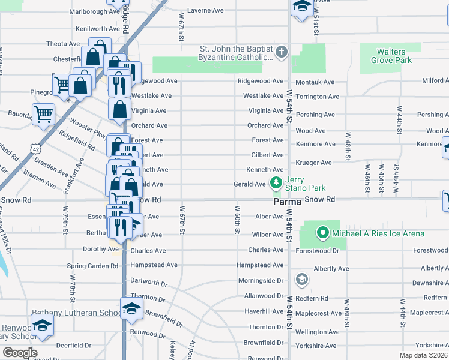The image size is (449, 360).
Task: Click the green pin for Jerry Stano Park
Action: tap(276, 182)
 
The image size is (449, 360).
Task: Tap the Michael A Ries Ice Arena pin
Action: tap(322, 233)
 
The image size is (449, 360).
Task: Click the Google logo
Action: tap(20, 353)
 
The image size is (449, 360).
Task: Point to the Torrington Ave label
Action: tap(317, 97)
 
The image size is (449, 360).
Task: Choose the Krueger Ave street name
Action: tap(313, 163)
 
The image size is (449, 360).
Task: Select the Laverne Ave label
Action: tap(205, 10)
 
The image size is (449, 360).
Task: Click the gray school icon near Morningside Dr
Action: tap(301, 280)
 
